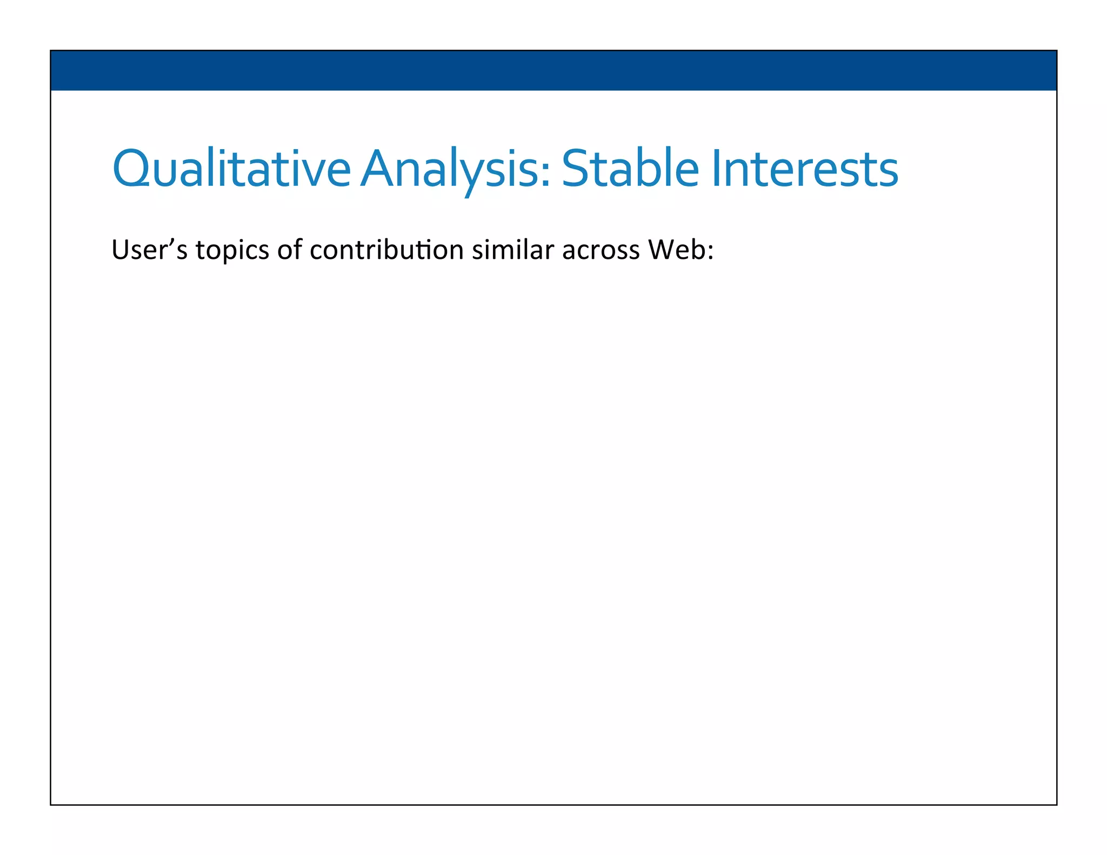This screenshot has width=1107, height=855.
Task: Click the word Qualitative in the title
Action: click(231, 169)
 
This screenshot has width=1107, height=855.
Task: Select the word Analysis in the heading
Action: click(455, 169)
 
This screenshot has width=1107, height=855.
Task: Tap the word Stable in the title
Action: click(630, 169)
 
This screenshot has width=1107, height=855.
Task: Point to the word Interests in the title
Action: click(805, 169)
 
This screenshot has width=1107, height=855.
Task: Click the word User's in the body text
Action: click(149, 250)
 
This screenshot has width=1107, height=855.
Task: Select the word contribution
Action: click(386, 250)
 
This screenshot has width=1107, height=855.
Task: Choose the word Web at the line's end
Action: click(676, 250)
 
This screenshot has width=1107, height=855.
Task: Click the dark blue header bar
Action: click(553, 70)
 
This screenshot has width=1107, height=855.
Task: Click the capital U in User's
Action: click(119, 250)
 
